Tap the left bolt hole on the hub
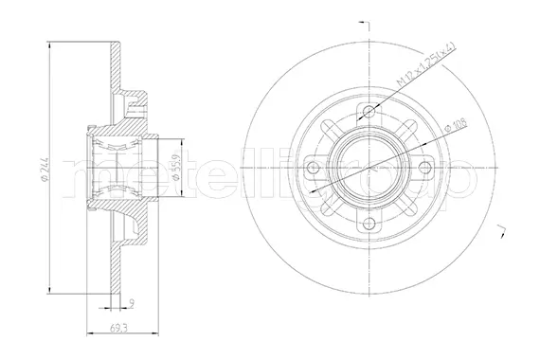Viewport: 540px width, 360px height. pos(314,171)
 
